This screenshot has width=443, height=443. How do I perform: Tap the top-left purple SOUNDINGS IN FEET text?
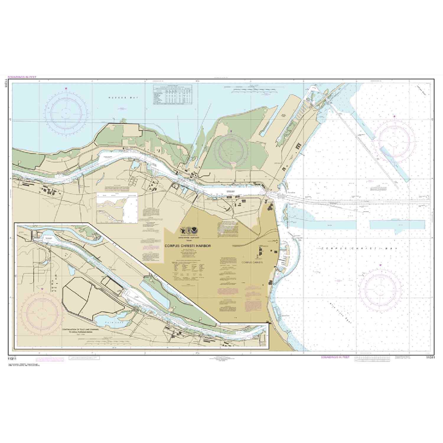click(22, 77)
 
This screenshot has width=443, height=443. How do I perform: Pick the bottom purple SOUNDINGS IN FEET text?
click(335, 357)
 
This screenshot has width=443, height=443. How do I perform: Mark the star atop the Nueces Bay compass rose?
click(66, 88)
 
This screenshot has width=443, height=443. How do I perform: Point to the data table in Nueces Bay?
click(172, 95)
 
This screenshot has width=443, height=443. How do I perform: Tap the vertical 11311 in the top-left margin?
click(6, 82)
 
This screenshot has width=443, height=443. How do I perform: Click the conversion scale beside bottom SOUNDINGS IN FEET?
click(373, 358)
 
